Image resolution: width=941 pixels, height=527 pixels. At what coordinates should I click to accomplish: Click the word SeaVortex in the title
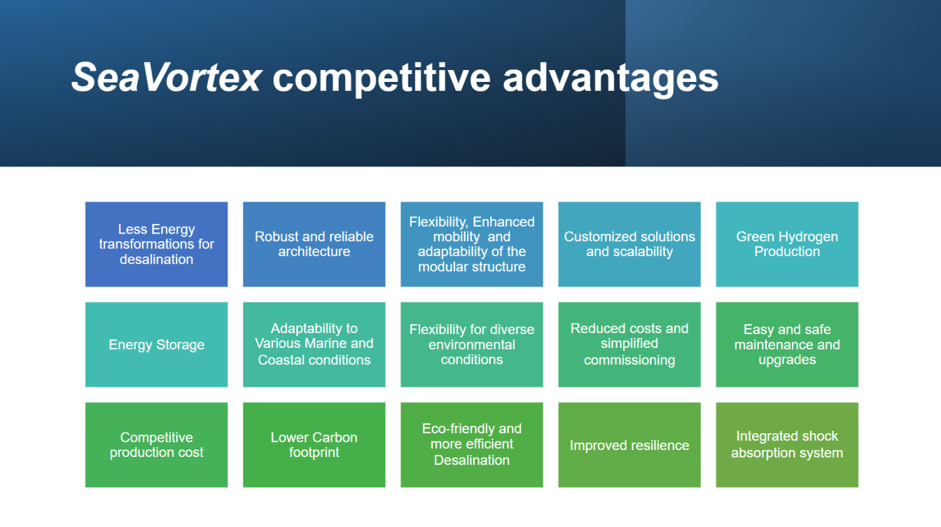[167, 77]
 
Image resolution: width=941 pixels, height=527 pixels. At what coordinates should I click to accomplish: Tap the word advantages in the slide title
[611, 77]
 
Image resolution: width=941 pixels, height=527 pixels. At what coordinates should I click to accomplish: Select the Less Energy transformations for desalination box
[156, 244]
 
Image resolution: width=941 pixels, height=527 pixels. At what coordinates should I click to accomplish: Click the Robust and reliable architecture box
[314, 244]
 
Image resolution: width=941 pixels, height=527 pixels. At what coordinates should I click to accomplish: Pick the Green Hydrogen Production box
[786, 244]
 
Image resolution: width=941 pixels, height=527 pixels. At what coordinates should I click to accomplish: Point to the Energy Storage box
[156, 344]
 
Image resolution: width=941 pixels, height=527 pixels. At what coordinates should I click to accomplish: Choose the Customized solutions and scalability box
[629, 244]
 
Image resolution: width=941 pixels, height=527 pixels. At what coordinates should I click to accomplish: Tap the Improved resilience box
[629, 445]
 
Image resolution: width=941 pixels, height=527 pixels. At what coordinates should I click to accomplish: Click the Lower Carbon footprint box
[314, 445]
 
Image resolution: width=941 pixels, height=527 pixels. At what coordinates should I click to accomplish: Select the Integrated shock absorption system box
[786, 445]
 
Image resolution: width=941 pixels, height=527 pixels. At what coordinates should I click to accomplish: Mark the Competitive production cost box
[156, 445]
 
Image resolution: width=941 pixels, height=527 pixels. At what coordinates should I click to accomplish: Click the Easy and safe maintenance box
[786, 344]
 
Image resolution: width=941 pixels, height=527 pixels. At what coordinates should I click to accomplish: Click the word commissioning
[629, 360]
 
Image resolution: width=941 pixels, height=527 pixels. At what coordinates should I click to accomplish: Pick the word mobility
[456, 237]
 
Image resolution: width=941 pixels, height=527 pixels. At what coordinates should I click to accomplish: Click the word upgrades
[786, 360]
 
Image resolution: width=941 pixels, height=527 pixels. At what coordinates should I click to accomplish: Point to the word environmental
[471, 344]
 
